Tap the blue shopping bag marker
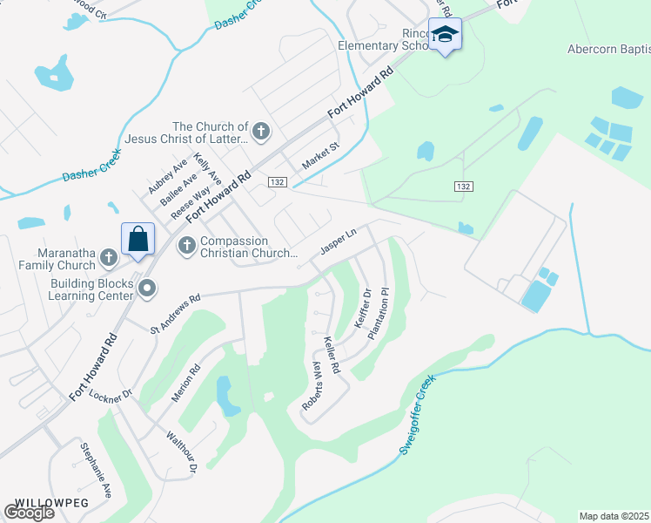tap(138, 238)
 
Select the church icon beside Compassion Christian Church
tap(185, 247)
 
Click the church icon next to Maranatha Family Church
tap(108, 257)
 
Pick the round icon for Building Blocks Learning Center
tap(146, 288)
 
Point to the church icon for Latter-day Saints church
tap(260, 132)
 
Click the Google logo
tap(29, 513)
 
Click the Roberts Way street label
tap(319, 385)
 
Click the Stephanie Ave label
tap(96, 470)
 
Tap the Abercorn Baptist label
tap(607, 49)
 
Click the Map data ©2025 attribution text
tap(614, 515)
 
